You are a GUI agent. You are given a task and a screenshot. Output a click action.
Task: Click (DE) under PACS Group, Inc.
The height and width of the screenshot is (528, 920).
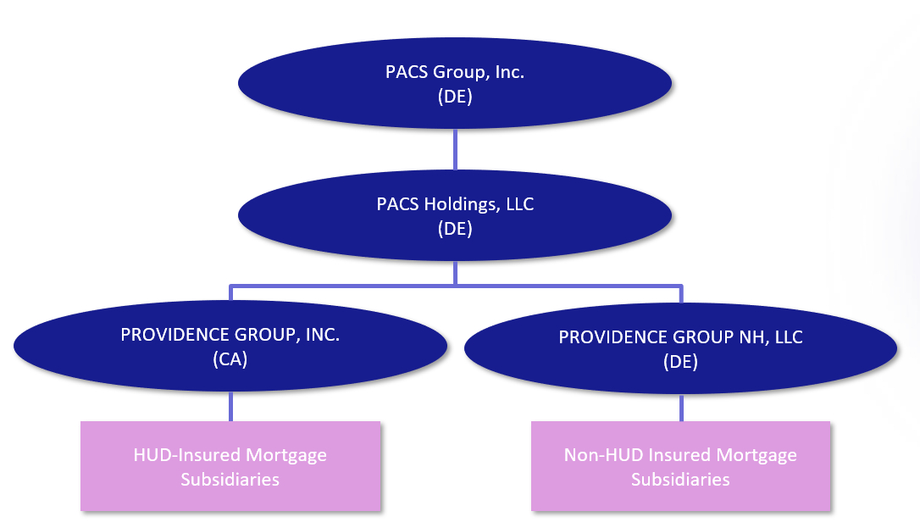(x=455, y=97)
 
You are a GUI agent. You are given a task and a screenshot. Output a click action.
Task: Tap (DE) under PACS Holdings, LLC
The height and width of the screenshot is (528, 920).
(x=455, y=229)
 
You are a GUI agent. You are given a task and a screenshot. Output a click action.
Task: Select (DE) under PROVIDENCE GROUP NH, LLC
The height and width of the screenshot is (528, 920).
(x=680, y=362)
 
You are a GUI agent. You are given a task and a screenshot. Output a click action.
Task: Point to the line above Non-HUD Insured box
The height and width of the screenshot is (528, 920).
(x=681, y=409)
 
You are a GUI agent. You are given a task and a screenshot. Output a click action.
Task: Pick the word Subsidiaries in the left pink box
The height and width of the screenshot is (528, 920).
(x=230, y=479)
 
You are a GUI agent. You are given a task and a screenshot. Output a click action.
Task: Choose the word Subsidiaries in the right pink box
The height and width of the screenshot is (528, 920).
(x=680, y=479)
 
